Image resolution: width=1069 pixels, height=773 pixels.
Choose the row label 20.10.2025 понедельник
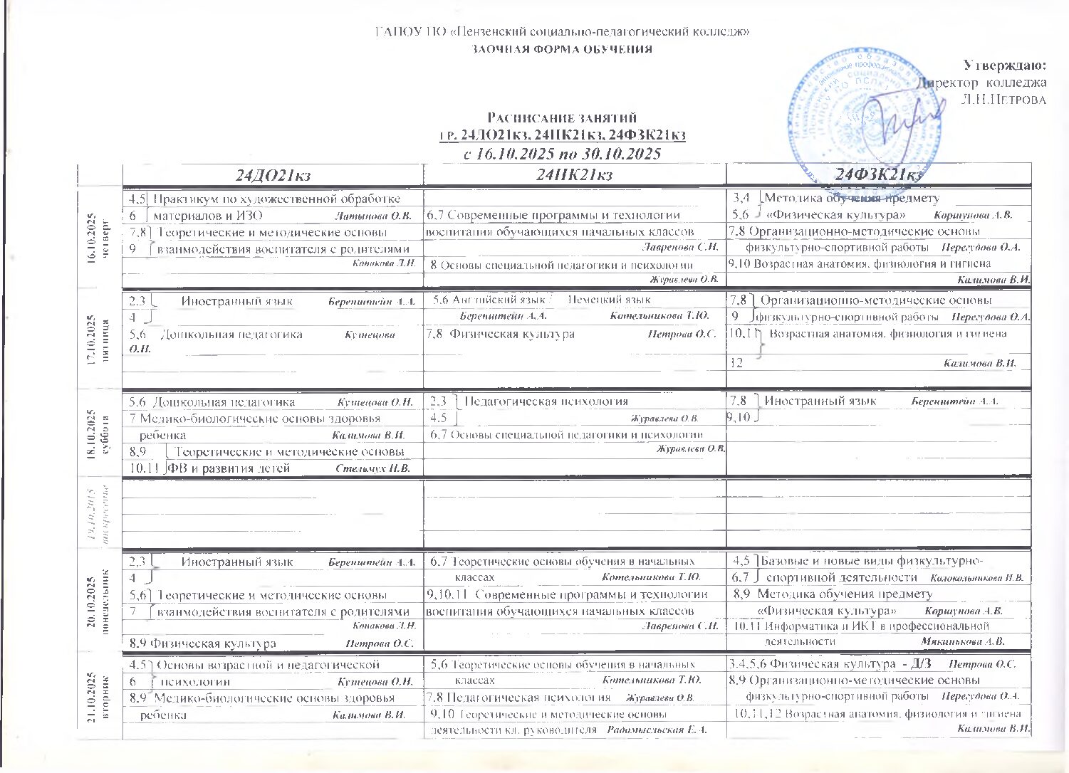(100, 599)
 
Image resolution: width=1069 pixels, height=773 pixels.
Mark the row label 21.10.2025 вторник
(100, 690)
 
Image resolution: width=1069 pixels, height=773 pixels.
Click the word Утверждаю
(1004, 65)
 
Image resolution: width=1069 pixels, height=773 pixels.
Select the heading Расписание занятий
(561, 117)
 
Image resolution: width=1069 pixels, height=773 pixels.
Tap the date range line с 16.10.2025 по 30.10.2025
(562, 154)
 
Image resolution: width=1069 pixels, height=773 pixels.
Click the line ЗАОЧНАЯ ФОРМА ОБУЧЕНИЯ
(563, 49)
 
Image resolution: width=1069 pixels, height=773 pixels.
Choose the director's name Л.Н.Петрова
(1003, 99)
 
